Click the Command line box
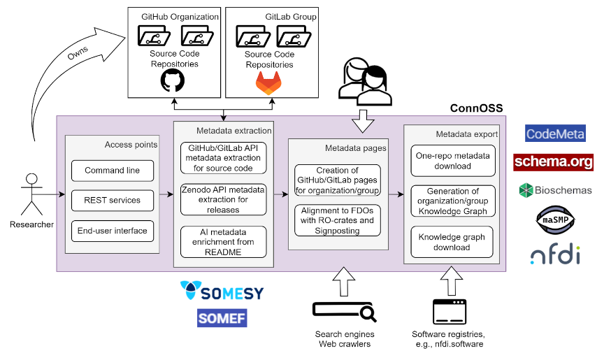point(112,171)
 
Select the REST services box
point(112,200)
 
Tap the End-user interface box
point(112,230)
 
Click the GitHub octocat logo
point(173,81)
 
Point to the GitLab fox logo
point(269,83)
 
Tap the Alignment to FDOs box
point(338,219)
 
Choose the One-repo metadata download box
point(452,160)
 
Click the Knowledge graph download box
point(452,242)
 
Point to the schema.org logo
point(553,162)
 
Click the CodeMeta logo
point(555,134)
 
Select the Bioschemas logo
point(555,190)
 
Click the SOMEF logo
point(222,318)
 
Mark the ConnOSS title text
point(477,108)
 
